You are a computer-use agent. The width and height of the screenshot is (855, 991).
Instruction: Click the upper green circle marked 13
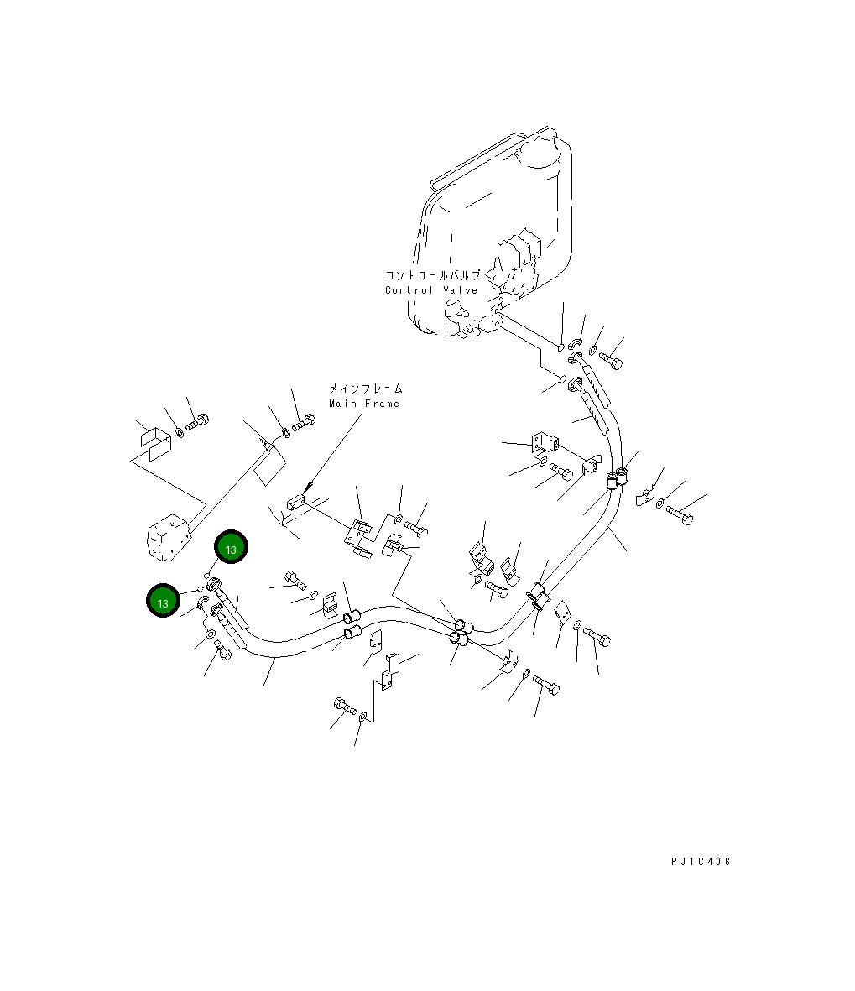point(231,548)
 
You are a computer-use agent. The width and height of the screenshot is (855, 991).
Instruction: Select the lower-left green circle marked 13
point(164,602)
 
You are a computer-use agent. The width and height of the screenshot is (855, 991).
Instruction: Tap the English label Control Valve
point(431,290)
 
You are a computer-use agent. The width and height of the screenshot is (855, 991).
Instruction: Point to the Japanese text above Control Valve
point(432,275)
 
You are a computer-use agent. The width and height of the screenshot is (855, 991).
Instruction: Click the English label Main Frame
point(364,404)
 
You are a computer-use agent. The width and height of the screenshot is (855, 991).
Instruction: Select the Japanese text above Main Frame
point(364,389)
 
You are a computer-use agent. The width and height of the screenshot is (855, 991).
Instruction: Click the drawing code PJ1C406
point(701,862)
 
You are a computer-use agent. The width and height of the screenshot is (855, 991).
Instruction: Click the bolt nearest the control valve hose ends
point(609,360)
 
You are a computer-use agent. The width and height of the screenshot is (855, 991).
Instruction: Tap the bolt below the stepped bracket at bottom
point(345,707)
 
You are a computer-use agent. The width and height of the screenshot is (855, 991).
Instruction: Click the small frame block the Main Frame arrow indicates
point(293,503)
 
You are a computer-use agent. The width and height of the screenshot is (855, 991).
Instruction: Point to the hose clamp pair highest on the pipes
point(617,481)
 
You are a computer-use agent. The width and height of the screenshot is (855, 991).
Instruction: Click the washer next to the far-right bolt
point(661,504)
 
